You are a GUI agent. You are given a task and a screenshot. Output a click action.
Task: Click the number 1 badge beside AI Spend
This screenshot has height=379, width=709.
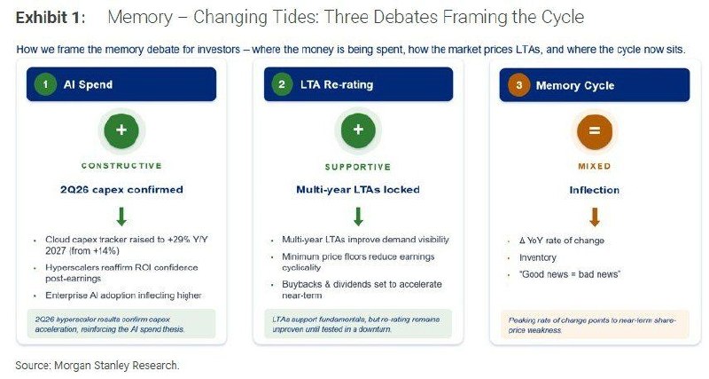point(45,84)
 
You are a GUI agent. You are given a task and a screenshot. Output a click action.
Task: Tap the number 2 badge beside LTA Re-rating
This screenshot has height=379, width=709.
point(282,84)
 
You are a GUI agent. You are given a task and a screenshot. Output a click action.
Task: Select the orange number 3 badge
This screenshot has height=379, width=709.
point(518,85)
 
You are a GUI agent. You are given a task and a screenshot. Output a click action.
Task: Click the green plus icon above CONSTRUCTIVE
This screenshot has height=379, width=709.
point(121,130)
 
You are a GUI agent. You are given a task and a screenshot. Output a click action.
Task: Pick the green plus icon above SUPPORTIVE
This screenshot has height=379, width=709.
point(358,130)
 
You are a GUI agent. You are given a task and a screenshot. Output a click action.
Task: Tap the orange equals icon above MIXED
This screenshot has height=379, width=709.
point(595,131)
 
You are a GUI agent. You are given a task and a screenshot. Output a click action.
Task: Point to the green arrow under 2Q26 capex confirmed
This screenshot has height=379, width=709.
point(121,217)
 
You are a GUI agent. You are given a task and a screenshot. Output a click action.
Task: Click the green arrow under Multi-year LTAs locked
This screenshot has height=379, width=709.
point(358,217)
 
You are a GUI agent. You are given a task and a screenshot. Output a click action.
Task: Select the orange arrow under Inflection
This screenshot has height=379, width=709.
point(595,217)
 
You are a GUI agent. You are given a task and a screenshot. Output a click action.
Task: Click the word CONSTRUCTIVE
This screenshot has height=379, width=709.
point(121,166)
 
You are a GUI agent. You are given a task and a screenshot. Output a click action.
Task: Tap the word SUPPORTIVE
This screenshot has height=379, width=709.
point(358,167)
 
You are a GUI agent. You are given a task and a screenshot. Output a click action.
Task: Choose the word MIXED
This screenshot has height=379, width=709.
point(594,166)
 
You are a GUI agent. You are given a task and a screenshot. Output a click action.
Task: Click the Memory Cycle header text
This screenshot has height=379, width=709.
point(574,85)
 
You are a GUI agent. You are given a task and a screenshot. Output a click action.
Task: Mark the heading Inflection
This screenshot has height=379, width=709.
point(594,190)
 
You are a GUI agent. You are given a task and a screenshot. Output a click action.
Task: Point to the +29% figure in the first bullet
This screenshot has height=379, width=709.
point(178,240)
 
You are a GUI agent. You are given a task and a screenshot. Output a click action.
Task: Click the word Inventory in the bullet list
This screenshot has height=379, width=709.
point(538,257)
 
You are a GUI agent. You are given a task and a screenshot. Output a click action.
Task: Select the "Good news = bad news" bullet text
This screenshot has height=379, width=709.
point(570,274)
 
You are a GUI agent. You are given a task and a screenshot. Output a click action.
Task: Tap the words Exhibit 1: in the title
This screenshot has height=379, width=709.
point(51,18)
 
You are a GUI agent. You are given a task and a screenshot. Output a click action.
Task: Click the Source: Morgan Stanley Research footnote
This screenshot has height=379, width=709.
point(97,366)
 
